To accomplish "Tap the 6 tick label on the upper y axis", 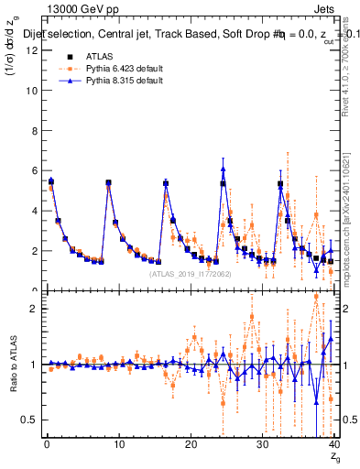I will [x=34, y=170].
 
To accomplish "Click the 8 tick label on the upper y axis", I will [x=34, y=130].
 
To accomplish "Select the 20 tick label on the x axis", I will [x=191, y=446].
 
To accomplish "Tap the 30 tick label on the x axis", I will [x=262, y=446].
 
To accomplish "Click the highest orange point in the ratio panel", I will [x=316, y=296].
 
